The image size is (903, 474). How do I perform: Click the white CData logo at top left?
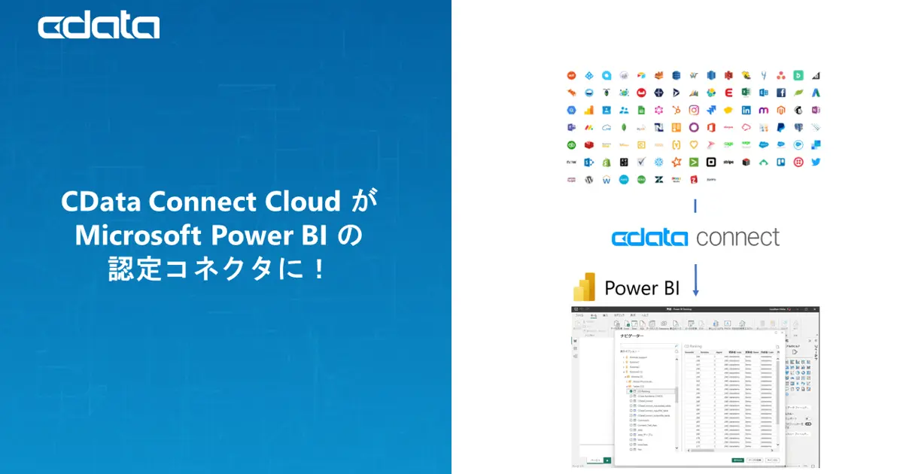click(99, 27)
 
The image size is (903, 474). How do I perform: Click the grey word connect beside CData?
click(737, 238)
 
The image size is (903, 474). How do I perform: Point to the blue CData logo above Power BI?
click(649, 238)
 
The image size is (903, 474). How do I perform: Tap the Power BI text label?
click(641, 288)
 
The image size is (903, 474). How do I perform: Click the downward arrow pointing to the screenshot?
click(695, 280)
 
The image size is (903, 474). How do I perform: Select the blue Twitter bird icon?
click(816, 162)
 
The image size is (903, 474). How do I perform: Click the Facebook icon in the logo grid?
click(781, 93)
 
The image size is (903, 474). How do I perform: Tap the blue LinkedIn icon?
click(746, 110)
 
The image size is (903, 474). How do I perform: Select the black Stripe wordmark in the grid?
click(728, 162)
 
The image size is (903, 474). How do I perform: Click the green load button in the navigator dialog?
click(737, 460)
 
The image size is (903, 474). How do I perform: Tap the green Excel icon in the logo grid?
click(746, 93)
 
